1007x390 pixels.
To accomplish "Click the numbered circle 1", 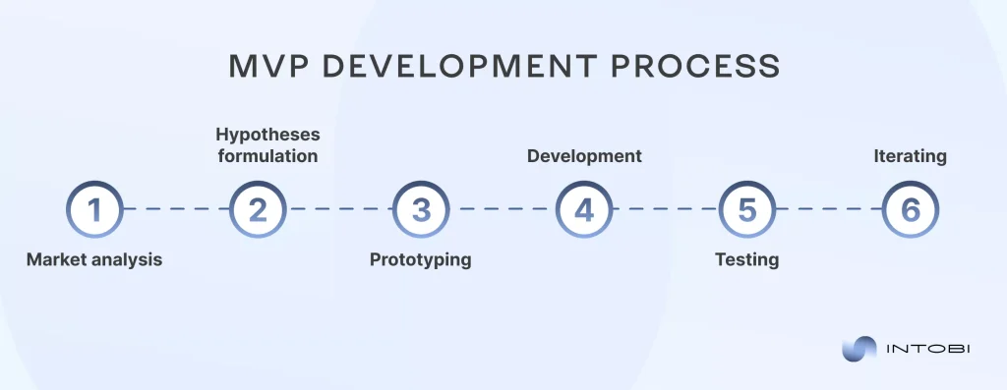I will point(94,209).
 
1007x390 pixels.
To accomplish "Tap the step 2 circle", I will point(258,209).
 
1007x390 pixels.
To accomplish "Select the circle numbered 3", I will point(421,209).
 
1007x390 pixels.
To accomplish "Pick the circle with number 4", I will point(584,209).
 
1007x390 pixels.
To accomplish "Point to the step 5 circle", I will point(747,209).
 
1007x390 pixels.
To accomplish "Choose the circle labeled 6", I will point(911,209).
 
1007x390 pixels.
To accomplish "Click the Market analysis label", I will point(94,260).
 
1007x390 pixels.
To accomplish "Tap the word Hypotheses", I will point(267,135).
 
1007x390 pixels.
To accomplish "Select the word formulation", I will point(267,156).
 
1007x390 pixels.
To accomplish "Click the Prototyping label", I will point(421,260).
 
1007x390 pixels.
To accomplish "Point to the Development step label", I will point(584,156).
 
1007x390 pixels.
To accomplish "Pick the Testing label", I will point(747,260).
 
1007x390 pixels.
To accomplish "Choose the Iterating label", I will point(911,156).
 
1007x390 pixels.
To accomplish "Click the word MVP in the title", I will point(265,66).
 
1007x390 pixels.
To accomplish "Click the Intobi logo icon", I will point(859,349).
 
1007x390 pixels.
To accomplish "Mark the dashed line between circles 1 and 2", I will point(176,209).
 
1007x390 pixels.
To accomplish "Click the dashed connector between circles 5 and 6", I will point(829,209).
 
